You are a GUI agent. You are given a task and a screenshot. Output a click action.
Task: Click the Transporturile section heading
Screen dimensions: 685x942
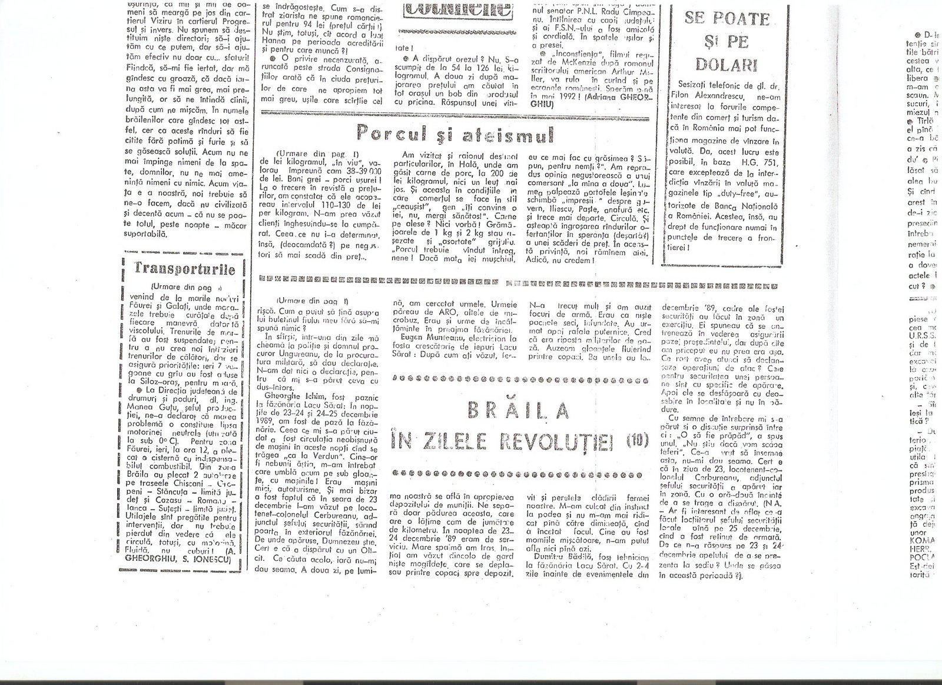click(185, 270)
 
